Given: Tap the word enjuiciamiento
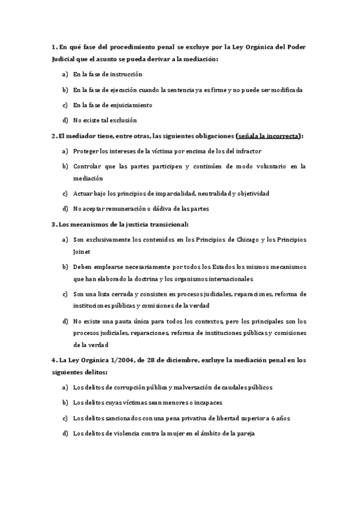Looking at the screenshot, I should point(132,105).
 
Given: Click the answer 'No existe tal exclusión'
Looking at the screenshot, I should point(105,120).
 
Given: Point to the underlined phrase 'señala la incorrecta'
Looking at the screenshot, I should point(269,136).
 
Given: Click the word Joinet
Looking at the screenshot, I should point(82,252).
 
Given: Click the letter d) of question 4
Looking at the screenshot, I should point(65,433).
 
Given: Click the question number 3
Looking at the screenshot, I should point(53,224).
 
